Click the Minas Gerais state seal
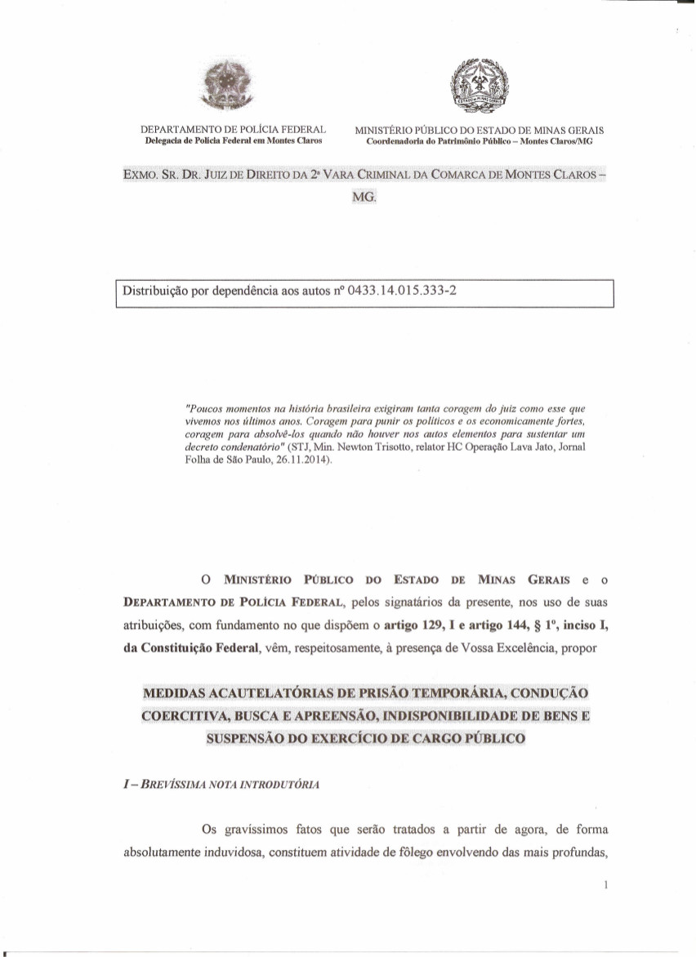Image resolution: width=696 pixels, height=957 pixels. click(x=480, y=85)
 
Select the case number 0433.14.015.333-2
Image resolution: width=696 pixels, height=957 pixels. click(x=395, y=291)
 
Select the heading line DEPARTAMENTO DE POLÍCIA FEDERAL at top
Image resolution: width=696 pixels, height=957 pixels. click(x=234, y=130)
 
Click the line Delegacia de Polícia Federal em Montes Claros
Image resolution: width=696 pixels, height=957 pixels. click(x=232, y=140)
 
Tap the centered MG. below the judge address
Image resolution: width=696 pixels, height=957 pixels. click(x=364, y=197)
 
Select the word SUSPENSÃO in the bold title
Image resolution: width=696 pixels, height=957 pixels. click(x=247, y=738)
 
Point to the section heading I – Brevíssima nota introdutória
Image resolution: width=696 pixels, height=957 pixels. click(x=221, y=785)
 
